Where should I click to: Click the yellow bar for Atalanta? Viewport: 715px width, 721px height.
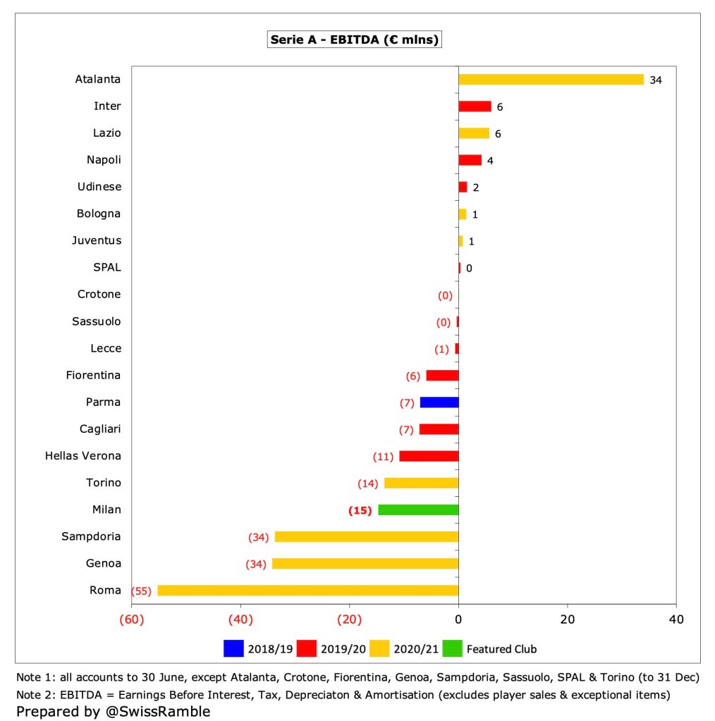pyautogui.click(x=551, y=80)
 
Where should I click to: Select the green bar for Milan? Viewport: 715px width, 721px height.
pyautogui.click(x=418, y=510)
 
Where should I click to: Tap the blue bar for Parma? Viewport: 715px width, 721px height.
pyautogui.click(x=439, y=402)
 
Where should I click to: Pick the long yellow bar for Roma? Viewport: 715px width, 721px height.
pyautogui.click(x=307, y=591)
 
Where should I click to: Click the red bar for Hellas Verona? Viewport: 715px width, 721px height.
pyautogui.click(x=429, y=456)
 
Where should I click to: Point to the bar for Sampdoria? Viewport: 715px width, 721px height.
pyautogui.click(x=367, y=536)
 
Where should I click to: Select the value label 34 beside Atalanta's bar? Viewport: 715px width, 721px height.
pyautogui.click(x=656, y=80)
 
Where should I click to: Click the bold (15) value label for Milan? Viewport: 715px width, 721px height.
pyautogui.click(x=360, y=510)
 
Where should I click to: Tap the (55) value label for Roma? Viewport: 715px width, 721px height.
pyautogui.click(x=142, y=591)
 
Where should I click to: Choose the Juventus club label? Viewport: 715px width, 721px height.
pyautogui.click(x=96, y=240)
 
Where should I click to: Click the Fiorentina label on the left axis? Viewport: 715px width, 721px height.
pyautogui.click(x=93, y=375)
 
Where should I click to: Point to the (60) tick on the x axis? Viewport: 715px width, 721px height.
pyautogui.click(x=133, y=620)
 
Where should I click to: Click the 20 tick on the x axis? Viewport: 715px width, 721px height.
pyautogui.click(x=567, y=620)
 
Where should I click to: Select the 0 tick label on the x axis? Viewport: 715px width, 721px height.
pyautogui.click(x=458, y=620)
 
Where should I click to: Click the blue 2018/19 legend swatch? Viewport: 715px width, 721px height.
pyautogui.click(x=233, y=648)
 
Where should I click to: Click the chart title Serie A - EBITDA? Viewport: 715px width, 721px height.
pyautogui.click(x=355, y=40)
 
